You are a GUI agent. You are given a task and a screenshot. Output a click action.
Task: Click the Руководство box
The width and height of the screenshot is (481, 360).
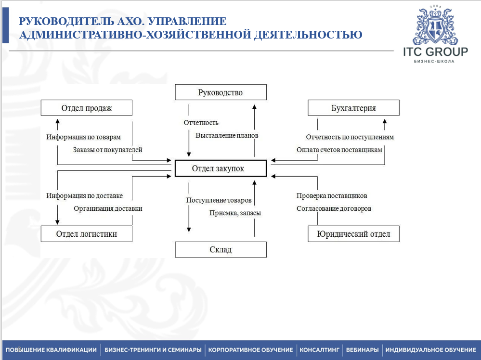pyautogui.click(x=221, y=92)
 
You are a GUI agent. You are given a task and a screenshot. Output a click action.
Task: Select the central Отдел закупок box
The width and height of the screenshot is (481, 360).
pyautogui.click(x=221, y=168)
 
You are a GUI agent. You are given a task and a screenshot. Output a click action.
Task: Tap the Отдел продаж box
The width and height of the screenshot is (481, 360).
pyautogui.click(x=87, y=108)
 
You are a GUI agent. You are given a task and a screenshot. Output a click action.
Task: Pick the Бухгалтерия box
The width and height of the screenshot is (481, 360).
pyautogui.click(x=353, y=108)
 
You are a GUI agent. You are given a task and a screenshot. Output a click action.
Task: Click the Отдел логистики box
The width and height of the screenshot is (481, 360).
pyautogui.click(x=87, y=234)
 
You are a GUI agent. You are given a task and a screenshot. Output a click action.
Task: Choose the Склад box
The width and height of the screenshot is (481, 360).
pyautogui.click(x=221, y=249)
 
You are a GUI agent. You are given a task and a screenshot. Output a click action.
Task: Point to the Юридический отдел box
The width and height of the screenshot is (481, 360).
pyautogui.click(x=353, y=234)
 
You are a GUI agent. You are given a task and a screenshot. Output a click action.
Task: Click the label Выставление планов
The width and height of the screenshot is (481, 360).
pyautogui.click(x=227, y=136)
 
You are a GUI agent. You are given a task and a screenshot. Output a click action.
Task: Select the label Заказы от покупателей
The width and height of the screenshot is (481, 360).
pyautogui.click(x=108, y=150)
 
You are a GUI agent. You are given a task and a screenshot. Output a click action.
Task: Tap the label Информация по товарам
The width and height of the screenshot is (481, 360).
pyautogui.click(x=84, y=137)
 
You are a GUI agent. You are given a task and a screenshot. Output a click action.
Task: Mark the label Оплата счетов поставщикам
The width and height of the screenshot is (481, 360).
pyautogui.click(x=339, y=150)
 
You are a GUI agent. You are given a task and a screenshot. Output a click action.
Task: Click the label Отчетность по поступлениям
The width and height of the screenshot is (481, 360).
pyautogui.click(x=350, y=137)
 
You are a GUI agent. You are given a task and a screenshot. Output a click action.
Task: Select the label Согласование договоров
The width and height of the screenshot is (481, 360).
pyautogui.click(x=334, y=208)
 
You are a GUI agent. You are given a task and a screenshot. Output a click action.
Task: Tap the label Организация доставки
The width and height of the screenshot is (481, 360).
pyautogui.click(x=108, y=208)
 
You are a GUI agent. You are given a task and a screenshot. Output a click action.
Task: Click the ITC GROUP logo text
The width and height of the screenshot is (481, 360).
pyautogui.click(x=435, y=52)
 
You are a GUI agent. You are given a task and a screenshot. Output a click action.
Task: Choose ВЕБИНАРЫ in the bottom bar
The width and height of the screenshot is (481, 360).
pyautogui.click(x=362, y=350)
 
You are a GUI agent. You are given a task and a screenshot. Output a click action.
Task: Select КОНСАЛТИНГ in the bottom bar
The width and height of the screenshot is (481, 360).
pyautogui.click(x=320, y=350)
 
